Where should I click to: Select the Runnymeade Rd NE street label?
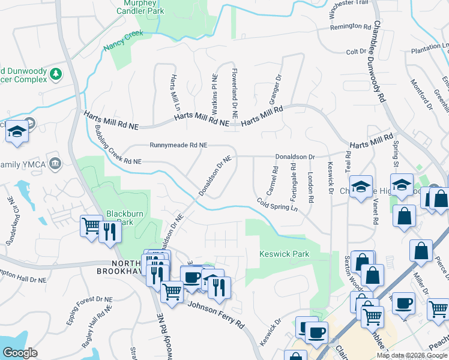(178, 145)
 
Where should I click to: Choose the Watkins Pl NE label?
(214, 94)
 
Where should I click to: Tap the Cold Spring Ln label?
(277, 204)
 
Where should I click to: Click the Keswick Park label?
(284, 254)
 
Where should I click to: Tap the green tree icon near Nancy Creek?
(56, 74)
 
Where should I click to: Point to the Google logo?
(20, 353)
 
